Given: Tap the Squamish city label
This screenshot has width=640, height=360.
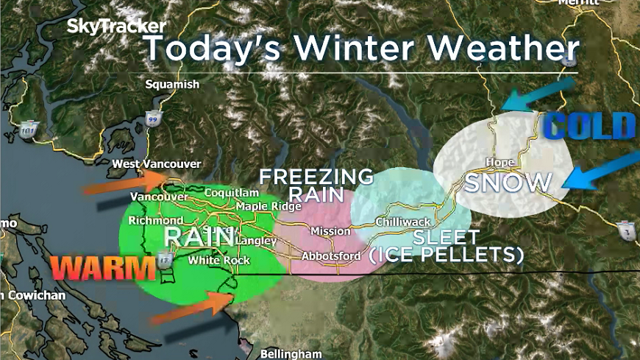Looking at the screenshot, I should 172,84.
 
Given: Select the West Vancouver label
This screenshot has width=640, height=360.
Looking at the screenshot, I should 156,164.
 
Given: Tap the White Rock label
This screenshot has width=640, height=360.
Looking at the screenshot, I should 219,260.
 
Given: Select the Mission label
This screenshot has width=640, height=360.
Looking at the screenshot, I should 330,231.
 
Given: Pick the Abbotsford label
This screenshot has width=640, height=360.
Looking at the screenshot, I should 331,256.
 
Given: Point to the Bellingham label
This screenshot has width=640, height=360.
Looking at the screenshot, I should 291,354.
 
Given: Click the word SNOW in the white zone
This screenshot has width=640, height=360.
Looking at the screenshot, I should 508,183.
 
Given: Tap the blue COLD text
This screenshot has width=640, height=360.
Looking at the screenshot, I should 591,127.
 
